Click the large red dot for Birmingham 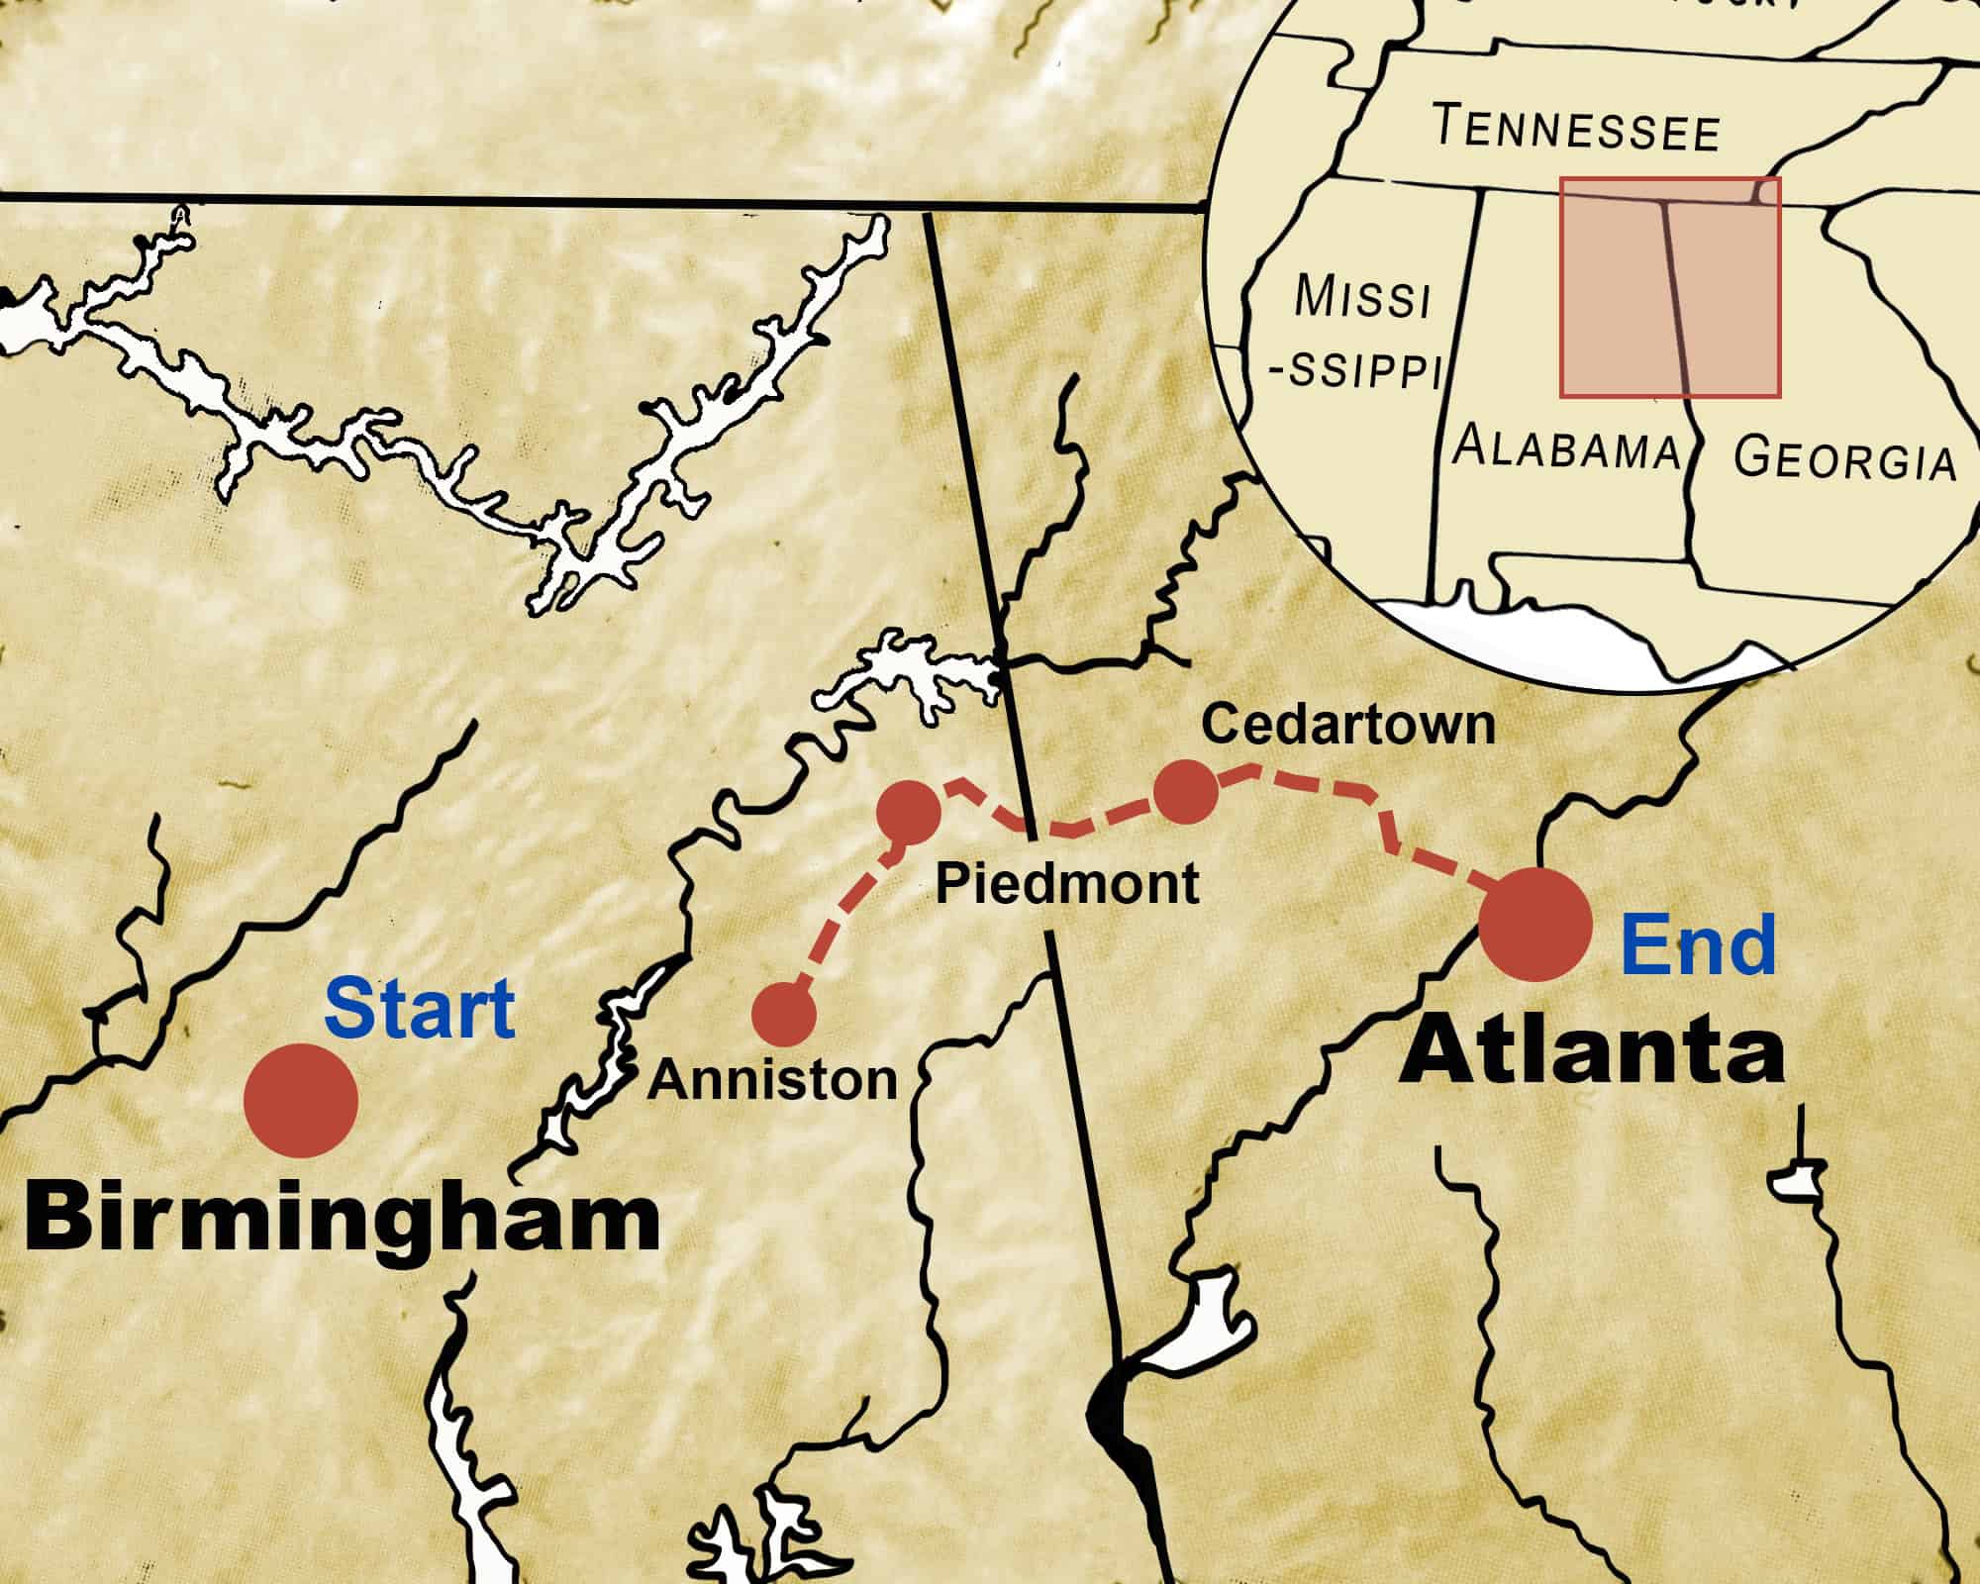coord(301,1100)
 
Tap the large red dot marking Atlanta coord(1534,925)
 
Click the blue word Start coord(420,1008)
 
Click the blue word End coord(1698,944)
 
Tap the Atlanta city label coord(1591,1053)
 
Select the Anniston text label coord(772,1079)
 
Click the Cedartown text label coord(1347,725)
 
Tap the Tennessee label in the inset coord(1576,130)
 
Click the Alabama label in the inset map coord(1566,447)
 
